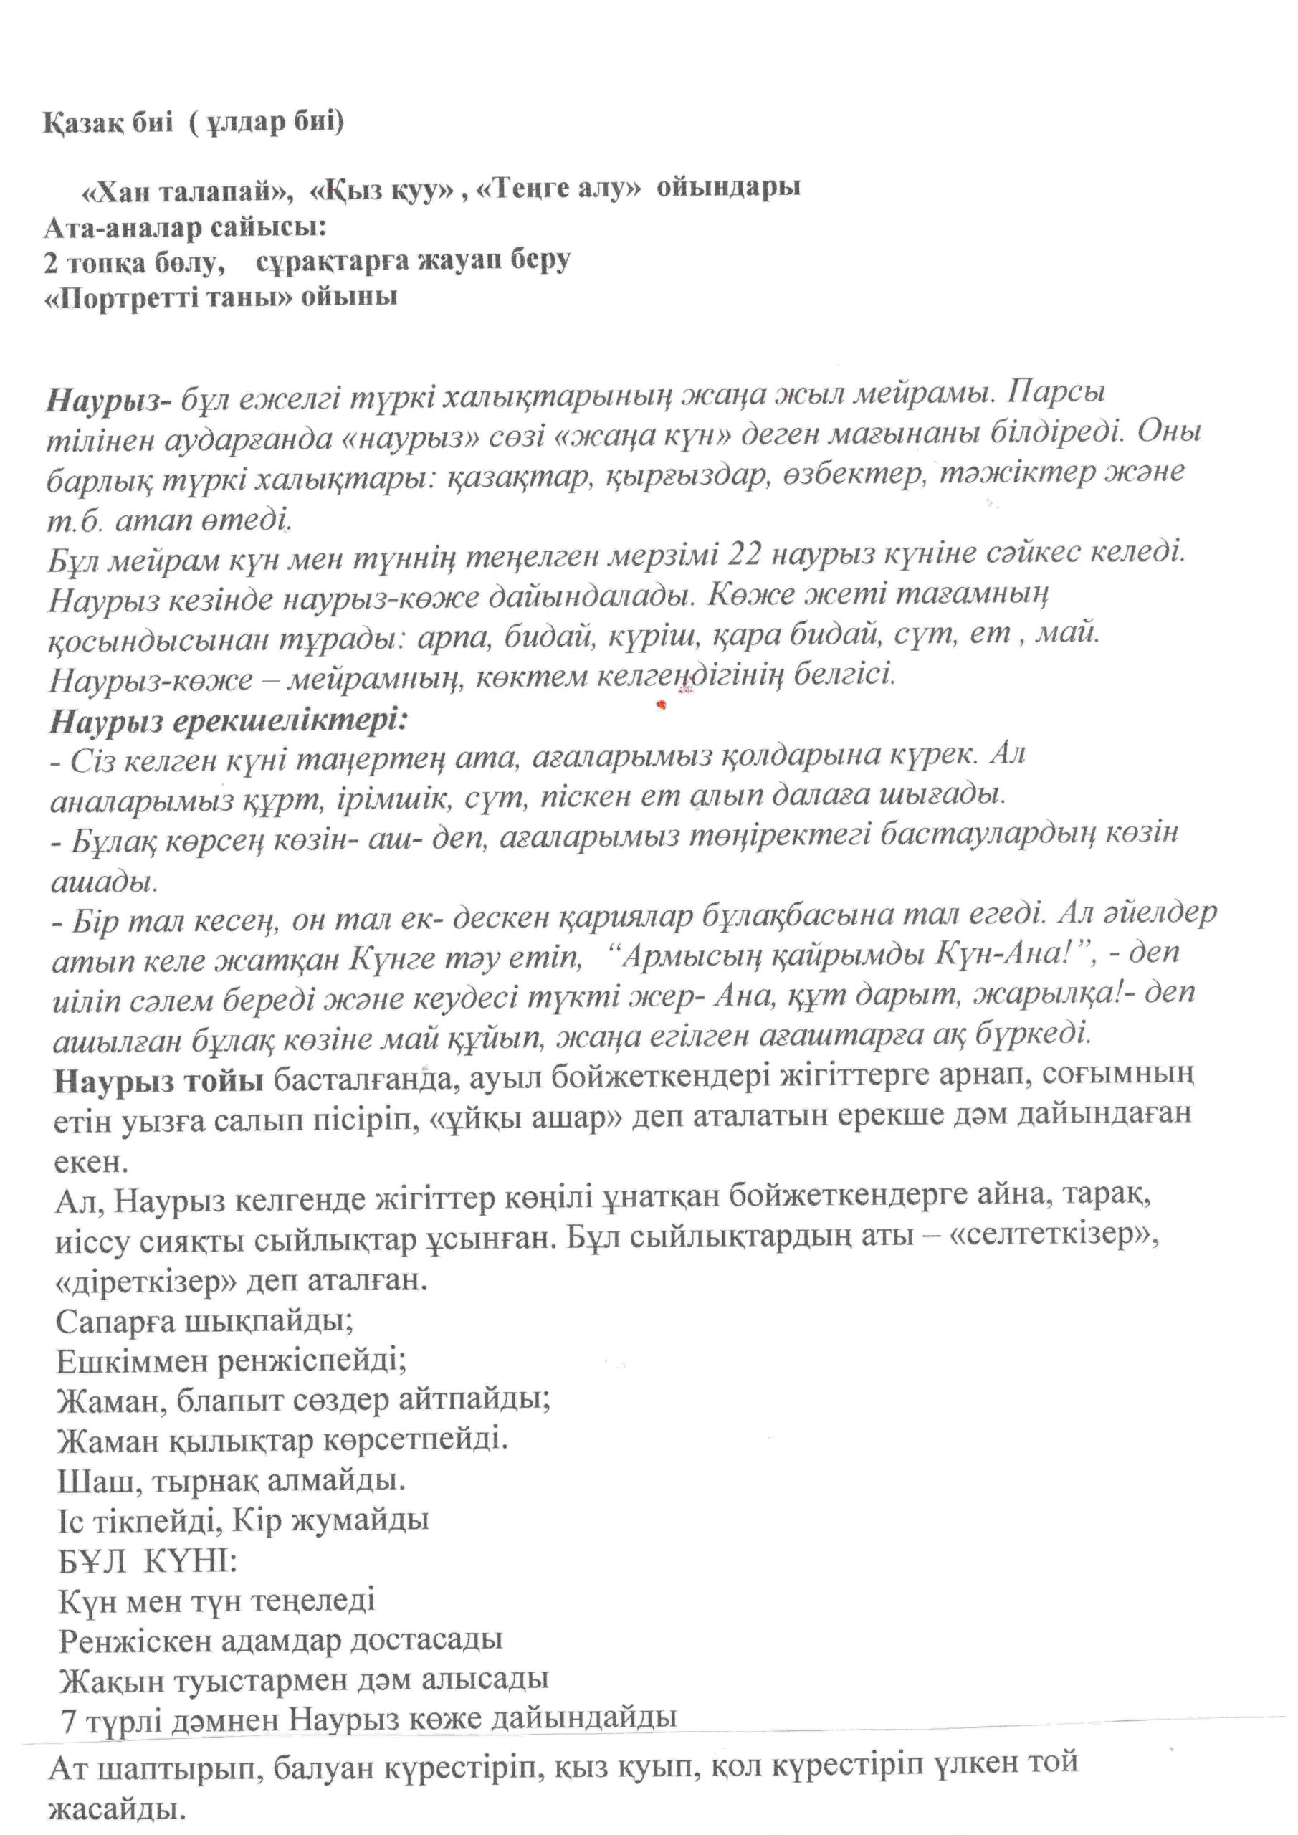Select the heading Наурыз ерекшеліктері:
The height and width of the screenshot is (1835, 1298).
click(229, 720)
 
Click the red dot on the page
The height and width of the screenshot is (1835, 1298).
click(661, 704)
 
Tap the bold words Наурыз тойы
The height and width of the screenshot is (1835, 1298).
click(158, 1080)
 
